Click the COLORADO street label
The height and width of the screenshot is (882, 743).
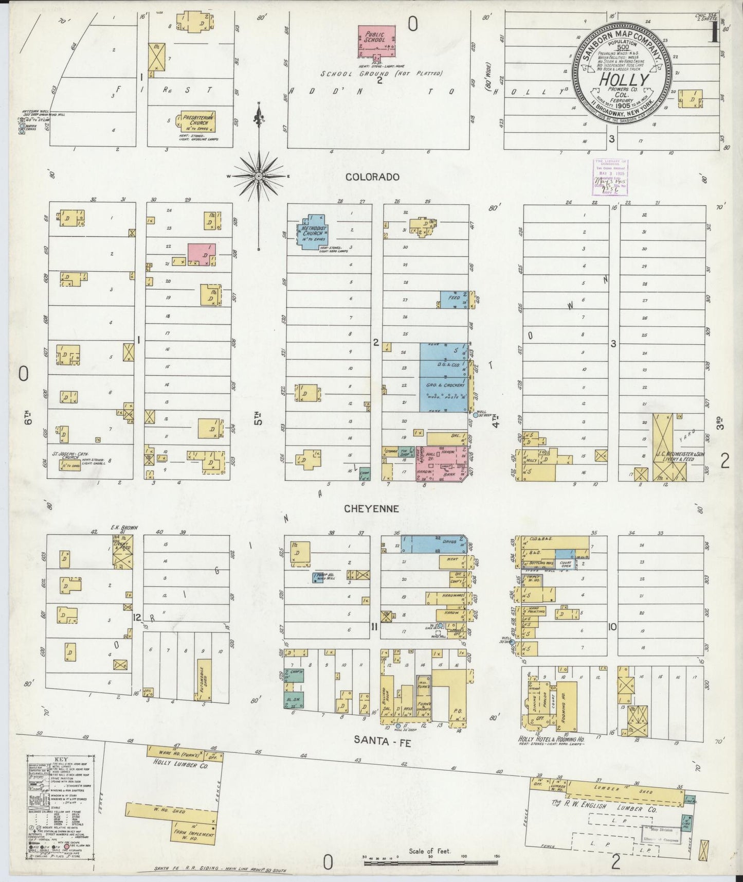372,177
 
